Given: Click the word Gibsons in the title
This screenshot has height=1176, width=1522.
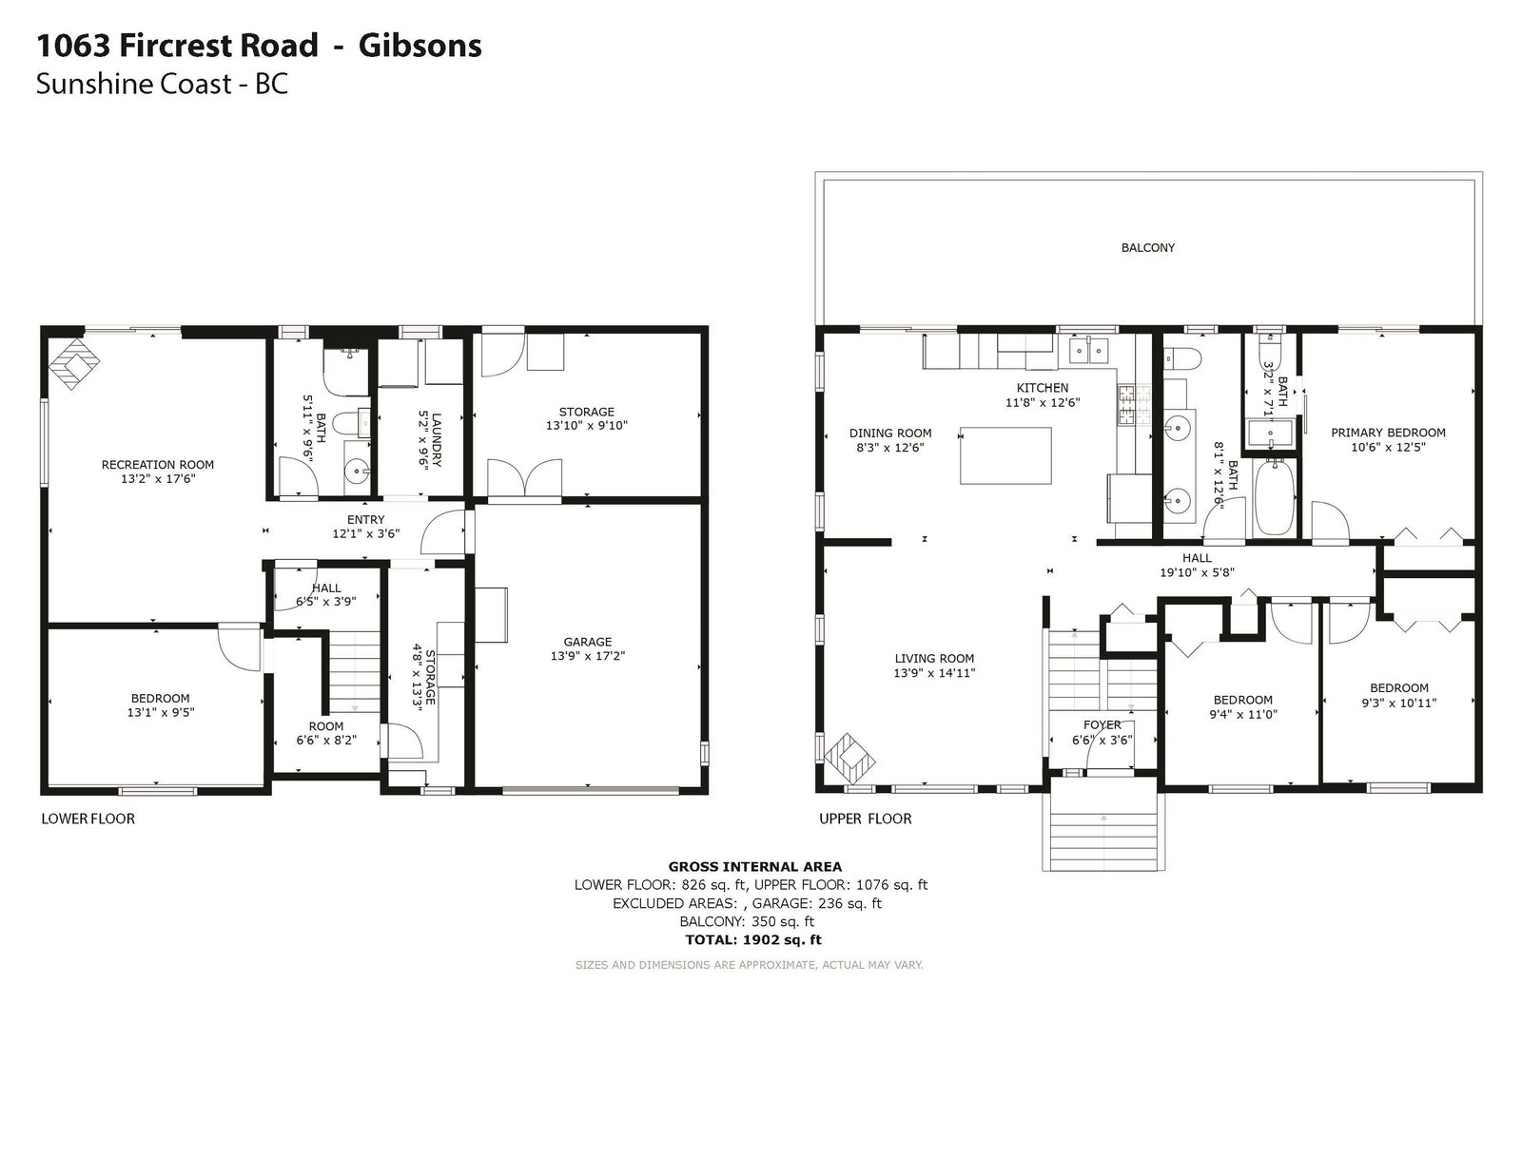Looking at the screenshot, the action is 420,47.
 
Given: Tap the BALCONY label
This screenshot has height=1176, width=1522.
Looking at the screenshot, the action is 1147,248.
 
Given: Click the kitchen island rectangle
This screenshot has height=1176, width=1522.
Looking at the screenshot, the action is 1005,455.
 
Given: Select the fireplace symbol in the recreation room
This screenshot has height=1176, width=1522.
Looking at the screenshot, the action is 73,364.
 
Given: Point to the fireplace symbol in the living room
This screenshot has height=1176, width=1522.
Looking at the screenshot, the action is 849,759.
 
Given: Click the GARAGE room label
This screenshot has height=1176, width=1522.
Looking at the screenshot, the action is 587,642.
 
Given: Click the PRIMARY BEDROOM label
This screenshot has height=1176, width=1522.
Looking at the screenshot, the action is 1388,433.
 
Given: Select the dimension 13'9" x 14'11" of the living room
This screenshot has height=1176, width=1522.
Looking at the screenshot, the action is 934,673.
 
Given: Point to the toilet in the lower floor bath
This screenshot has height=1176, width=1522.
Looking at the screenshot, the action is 350,423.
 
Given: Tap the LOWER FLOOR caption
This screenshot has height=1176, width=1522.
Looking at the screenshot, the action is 88,819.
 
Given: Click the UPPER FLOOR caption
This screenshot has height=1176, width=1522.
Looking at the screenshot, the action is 865,819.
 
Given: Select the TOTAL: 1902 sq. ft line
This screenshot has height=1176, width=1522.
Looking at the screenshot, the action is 753,939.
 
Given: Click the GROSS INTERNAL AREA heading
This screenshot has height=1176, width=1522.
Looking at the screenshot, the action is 754,867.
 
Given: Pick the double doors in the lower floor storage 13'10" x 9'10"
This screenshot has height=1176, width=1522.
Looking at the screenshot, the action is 524,478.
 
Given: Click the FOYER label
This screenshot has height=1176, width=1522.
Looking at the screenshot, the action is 1102,724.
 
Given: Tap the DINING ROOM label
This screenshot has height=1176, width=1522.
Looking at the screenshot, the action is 890,434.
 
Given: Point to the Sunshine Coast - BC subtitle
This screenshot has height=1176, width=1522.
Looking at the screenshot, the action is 162,84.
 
